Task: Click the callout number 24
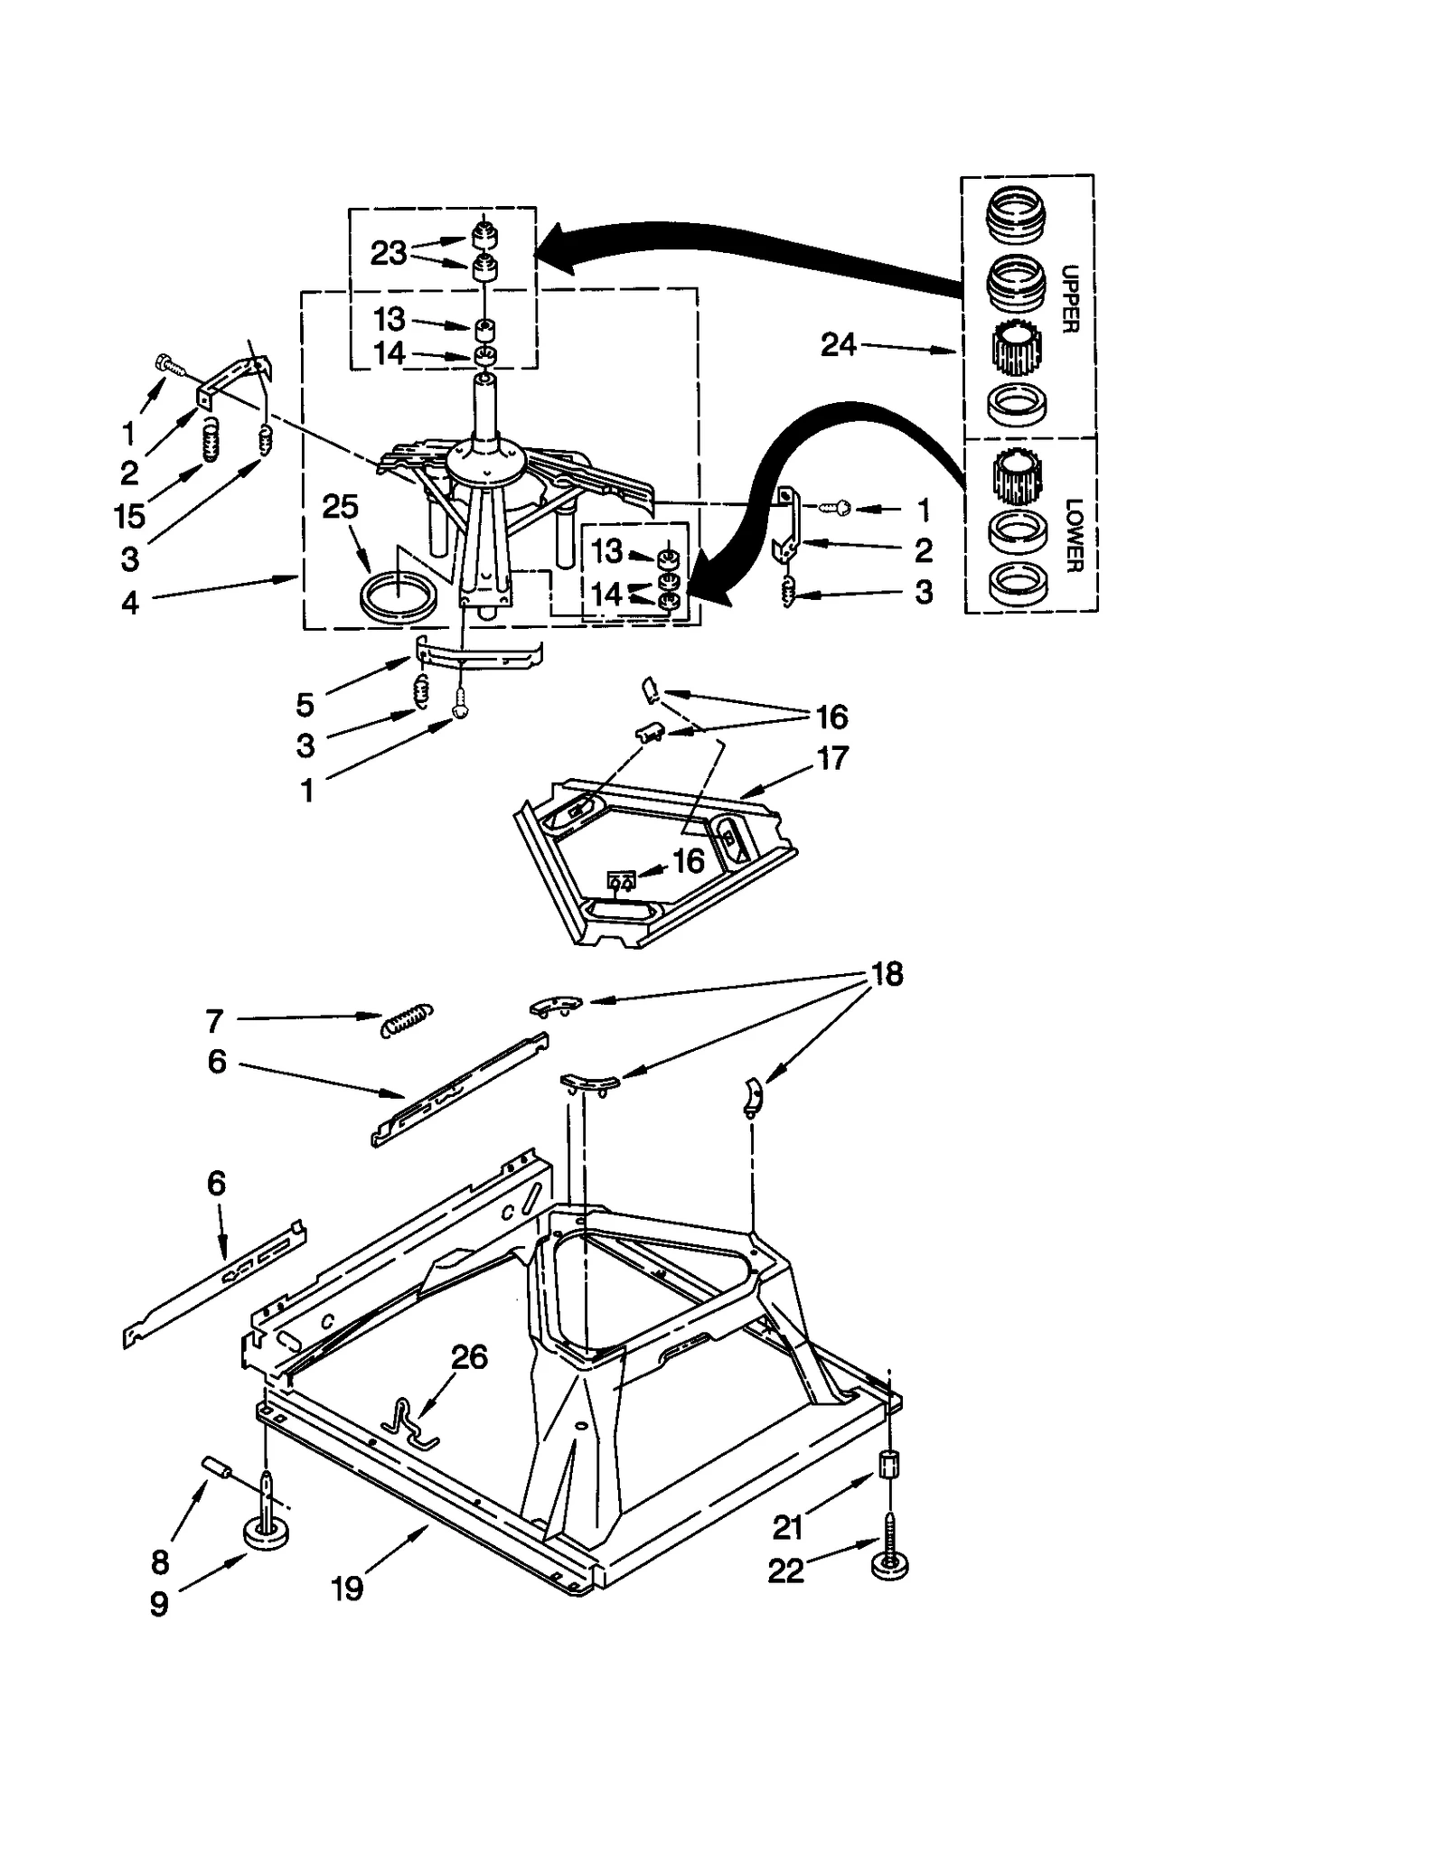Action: coord(838,344)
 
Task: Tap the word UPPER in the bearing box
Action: coord(1070,299)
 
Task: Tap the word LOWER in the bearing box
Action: coord(1073,535)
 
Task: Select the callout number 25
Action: coord(340,507)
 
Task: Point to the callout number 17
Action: coord(831,757)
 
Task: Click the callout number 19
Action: coord(347,1588)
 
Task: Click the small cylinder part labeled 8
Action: coord(216,1466)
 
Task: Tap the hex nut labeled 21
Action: coord(888,1463)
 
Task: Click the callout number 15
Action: coord(129,517)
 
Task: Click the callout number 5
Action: coord(305,704)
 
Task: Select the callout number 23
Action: coord(388,253)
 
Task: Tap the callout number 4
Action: coord(130,603)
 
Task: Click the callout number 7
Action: coord(214,1021)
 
